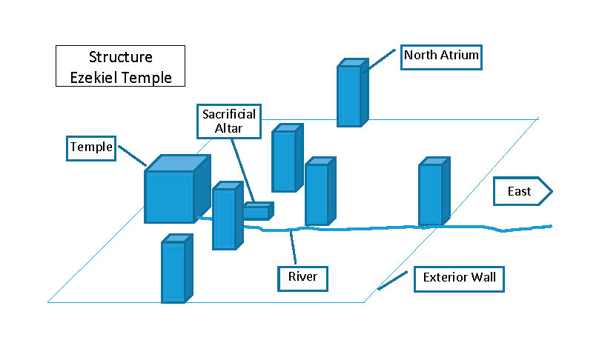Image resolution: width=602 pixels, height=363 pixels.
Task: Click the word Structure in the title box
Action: (x=120, y=58)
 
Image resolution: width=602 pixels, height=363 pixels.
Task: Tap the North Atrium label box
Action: (x=441, y=56)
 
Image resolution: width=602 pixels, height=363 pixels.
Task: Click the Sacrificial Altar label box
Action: (x=229, y=121)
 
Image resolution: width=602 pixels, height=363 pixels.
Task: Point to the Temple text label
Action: (x=91, y=147)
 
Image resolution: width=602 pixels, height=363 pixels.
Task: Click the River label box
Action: (x=303, y=278)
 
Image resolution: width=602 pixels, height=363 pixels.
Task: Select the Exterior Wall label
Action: (x=459, y=279)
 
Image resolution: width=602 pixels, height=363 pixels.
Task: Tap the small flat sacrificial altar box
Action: (x=257, y=213)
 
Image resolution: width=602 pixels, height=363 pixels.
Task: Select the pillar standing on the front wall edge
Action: (x=174, y=271)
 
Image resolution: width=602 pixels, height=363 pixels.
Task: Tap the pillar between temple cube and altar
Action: (x=225, y=218)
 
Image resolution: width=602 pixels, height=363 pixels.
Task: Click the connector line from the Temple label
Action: (x=132, y=156)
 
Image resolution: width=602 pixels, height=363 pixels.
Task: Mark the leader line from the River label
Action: (x=294, y=248)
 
